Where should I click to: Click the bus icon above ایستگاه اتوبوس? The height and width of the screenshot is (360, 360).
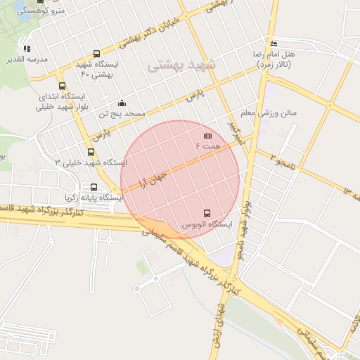pos(207,212)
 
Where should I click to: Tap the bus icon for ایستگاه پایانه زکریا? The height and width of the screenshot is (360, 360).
pos(94,187)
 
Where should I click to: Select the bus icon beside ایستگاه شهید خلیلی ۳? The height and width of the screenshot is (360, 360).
pos(91,152)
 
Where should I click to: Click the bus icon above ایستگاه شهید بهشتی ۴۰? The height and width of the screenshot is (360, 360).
pos(96,53)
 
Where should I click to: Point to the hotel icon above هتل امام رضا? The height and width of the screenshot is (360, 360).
pos(274,44)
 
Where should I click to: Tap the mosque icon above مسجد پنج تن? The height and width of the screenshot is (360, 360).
pos(122,103)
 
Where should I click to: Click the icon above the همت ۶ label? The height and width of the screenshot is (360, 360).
pos(207,136)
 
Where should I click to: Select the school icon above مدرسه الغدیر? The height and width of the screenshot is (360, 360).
pos(27,49)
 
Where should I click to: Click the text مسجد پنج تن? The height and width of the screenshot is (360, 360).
pos(122,113)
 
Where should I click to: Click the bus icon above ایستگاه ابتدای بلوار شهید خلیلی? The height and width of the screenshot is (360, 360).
pos(62,85)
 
